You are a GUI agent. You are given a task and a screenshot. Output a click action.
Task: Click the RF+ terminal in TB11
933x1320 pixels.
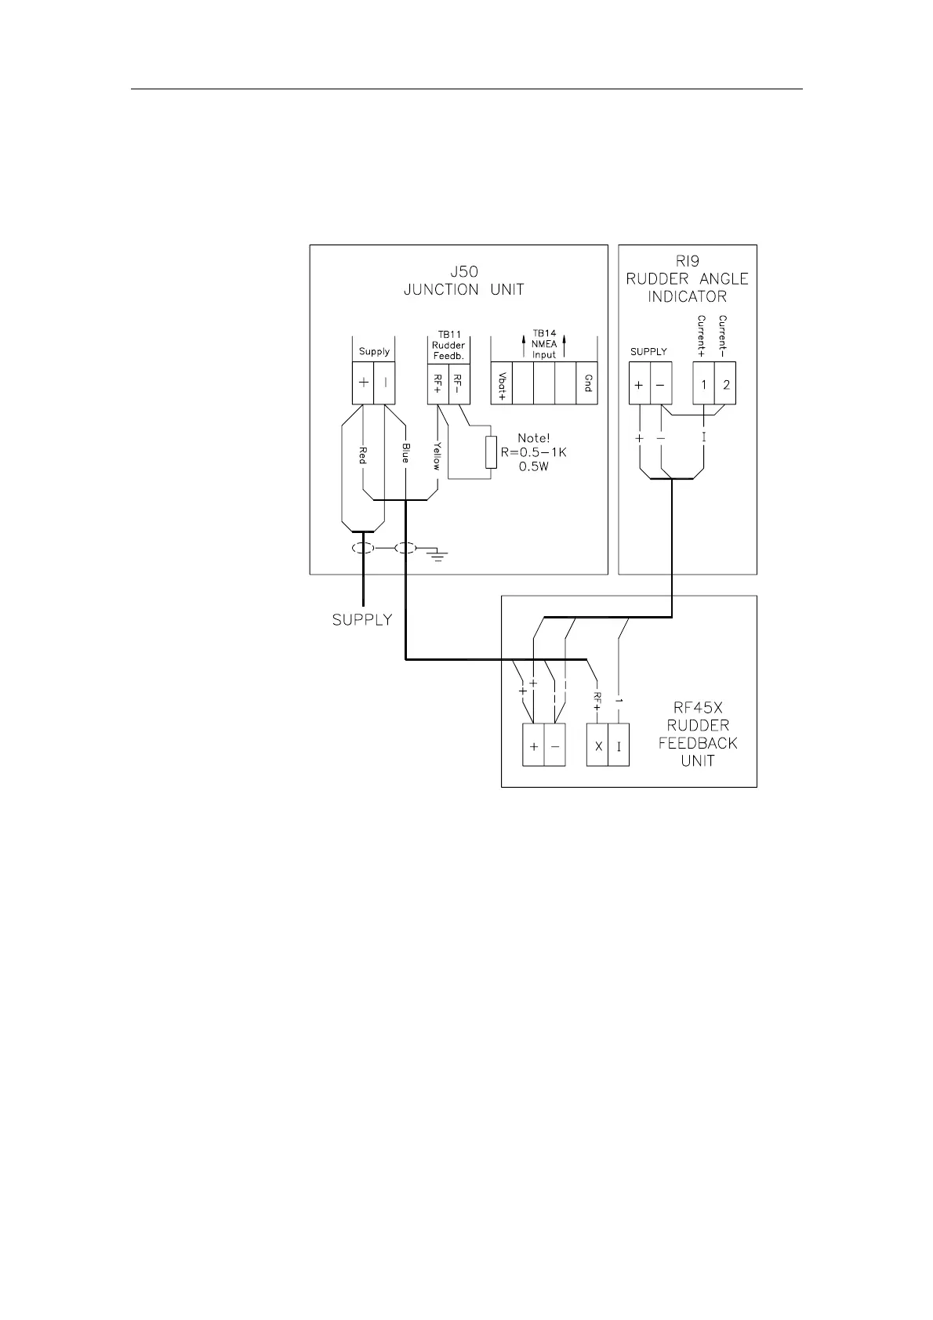tap(437, 383)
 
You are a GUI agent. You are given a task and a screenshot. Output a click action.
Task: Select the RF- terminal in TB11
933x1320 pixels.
tap(459, 383)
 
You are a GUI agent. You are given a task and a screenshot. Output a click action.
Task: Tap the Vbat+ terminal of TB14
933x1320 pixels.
tap(501, 383)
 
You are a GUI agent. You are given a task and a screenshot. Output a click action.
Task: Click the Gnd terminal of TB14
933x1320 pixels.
tap(586, 383)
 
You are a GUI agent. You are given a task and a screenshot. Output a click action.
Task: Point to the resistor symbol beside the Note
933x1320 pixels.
tap(491, 452)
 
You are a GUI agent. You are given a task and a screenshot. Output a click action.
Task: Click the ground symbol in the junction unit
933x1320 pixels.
tap(437, 556)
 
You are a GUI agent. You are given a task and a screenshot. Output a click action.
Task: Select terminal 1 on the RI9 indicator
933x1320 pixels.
tap(704, 384)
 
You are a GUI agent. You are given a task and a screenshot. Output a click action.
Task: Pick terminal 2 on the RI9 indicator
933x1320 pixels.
tap(726, 384)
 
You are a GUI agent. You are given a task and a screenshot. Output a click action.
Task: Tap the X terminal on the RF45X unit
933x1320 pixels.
tap(598, 746)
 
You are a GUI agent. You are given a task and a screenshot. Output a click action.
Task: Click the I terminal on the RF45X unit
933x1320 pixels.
tap(619, 746)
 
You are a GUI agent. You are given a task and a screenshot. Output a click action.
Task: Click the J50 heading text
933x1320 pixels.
tap(463, 272)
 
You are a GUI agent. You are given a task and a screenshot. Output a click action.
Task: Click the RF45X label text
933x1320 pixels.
tap(699, 708)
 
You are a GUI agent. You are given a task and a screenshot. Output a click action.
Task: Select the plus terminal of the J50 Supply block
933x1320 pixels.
tap(364, 383)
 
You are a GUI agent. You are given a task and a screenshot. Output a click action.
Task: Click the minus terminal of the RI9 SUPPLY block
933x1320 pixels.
tap(660, 384)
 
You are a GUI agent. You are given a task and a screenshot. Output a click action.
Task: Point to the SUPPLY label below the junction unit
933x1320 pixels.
tap(361, 620)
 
